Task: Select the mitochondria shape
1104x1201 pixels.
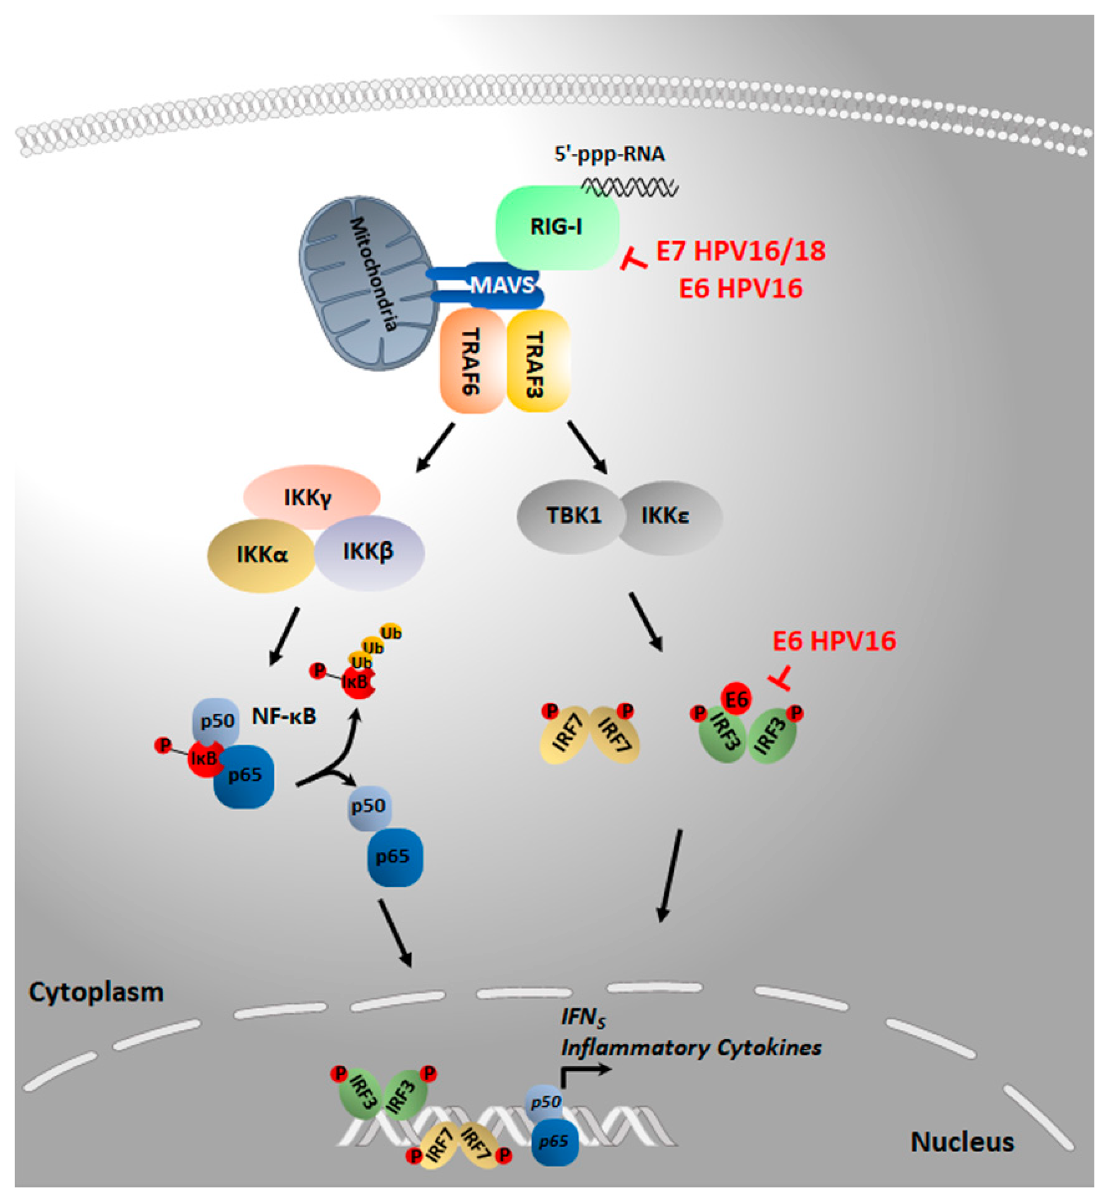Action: click(x=368, y=284)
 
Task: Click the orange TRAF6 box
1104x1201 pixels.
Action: click(x=472, y=361)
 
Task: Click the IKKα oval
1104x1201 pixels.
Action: click(x=261, y=555)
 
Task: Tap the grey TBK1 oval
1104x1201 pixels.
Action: click(x=572, y=516)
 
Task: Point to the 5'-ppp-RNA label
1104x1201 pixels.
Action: click(x=609, y=154)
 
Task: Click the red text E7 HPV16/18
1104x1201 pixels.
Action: click(x=741, y=251)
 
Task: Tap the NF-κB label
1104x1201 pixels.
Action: click(x=284, y=716)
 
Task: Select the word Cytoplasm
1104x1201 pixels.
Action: click(x=96, y=992)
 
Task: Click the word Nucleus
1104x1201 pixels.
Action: click(x=962, y=1142)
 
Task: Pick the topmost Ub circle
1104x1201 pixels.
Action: click(x=391, y=633)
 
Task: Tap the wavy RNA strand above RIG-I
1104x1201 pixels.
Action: click(x=630, y=188)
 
